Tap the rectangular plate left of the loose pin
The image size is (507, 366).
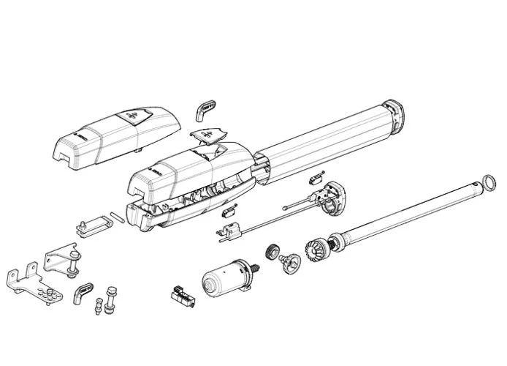coord(89,225)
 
